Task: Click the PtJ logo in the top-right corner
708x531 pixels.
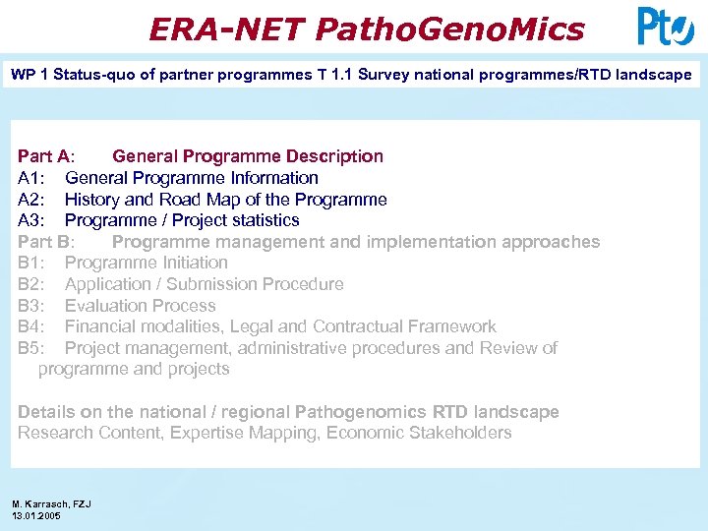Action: coord(666,27)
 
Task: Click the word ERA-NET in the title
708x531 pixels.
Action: coord(227,29)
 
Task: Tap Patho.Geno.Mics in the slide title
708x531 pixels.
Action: coord(450,29)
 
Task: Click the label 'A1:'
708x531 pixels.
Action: coord(31,178)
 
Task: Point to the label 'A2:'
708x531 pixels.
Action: coord(31,200)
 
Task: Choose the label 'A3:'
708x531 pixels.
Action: coord(31,220)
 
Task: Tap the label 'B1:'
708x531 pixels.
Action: coord(31,263)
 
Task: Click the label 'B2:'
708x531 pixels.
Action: coord(31,284)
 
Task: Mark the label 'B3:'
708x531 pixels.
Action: coord(31,306)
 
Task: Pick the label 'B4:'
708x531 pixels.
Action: coord(31,326)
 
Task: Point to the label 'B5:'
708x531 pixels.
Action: coord(31,348)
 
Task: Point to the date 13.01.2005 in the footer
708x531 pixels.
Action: coord(36,515)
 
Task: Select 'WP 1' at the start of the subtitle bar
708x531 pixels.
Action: coord(29,75)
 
